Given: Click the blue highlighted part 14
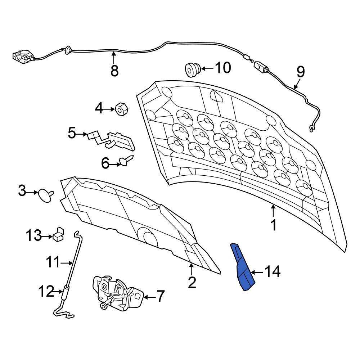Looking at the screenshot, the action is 243,267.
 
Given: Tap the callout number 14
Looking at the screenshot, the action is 273,271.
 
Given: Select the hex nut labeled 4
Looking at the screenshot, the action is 121,109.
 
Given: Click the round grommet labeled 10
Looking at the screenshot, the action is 193,69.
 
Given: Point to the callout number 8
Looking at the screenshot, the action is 114,70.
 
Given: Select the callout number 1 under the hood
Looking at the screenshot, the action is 274,225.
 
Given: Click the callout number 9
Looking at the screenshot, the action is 301,72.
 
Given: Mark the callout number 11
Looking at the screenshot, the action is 53,262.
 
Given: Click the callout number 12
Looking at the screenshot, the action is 46,291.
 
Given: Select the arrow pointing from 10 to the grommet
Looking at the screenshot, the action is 207,69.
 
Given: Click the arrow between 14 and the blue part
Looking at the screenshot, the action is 257,273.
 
